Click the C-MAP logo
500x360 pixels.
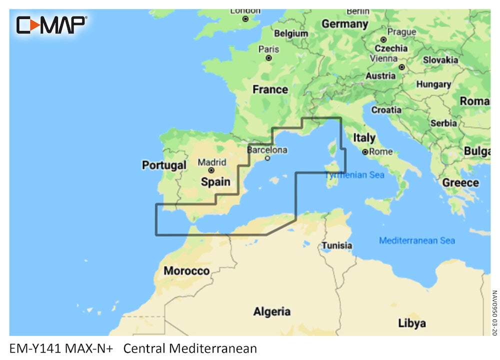(x=51, y=25)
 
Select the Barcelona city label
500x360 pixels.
(x=267, y=149)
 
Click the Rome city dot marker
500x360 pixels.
(x=365, y=151)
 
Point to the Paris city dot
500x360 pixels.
(x=268, y=58)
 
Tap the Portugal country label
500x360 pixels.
(x=164, y=165)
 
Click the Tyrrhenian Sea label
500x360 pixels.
(x=354, y=175)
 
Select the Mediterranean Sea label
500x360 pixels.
(x=416, y=240)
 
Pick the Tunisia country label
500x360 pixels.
(x=336, y=245)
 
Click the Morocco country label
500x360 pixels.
(x=186, y=271)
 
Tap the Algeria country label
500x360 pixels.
(x=271, y=311)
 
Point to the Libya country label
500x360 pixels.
(x=412, y=323)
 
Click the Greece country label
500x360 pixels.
(x=460, y=182)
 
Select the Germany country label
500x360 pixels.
(x=344, y=23)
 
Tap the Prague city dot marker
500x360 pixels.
(x=383, y=39)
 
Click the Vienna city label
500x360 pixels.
(x=383, y=58)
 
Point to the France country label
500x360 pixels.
(x=270, y=89)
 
